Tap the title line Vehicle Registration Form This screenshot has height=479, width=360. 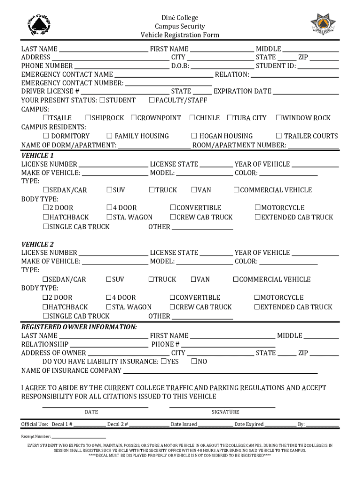(180, 35)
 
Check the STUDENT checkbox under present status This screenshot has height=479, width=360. (103, 100)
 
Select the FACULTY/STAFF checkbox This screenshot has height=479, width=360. (151, 100)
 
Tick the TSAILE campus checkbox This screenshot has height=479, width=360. (46, 118)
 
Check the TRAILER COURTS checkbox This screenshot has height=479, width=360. (279, 136)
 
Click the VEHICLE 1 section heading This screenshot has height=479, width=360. (38, 155)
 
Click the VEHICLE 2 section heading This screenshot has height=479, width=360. (38, 244)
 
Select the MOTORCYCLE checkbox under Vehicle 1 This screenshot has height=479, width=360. (258, 208)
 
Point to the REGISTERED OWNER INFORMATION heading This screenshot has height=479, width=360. (79, 327)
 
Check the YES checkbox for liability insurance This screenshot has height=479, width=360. (164, 362)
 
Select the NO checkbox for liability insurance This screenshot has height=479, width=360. (194, 362)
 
